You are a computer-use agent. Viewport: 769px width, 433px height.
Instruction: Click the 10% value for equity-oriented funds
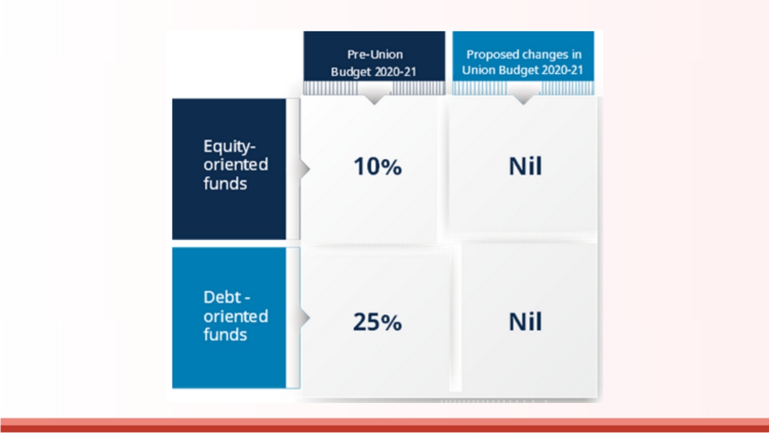pos(378,167)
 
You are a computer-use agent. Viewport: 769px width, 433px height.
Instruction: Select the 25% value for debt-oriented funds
pos(377,322)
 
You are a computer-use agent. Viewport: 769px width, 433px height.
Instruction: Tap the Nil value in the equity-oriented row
pos(525,167)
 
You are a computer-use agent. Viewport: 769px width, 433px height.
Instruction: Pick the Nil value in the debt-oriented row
pos(525,322)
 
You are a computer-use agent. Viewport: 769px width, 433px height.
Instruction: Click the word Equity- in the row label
pos(229,147)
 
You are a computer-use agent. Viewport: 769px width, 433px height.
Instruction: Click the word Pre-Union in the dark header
pos(375,55)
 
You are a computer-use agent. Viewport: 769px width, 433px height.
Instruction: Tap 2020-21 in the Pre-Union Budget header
pos(395,72)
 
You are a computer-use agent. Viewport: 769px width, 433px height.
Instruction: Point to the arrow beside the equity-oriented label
pos(305,169)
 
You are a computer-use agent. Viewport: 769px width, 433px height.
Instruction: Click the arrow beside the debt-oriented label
pos(305,318)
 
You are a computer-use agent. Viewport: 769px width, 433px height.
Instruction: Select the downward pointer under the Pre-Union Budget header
pos(374,99)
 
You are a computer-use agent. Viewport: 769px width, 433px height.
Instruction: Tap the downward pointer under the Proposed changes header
pos(523,99)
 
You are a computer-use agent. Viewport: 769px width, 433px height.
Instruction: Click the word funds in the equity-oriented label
pos(225,183)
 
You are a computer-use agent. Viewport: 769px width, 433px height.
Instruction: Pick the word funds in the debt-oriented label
pos(225,334)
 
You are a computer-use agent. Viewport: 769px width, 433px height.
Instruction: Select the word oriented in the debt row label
pos(236,316)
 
